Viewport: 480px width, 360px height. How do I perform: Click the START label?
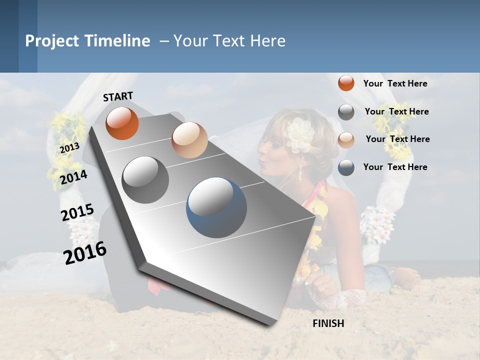[118, 96]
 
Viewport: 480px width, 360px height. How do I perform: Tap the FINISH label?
[328, 323]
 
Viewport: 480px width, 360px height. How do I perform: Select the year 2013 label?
[69, 148]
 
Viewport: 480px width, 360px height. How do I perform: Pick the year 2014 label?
[74, 177]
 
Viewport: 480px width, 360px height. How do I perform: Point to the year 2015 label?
[77, 212]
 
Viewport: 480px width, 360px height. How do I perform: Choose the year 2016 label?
[85, 252]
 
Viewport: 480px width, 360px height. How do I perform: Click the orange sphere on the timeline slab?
[122, 123]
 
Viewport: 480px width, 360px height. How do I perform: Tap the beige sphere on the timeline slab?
[189, 140]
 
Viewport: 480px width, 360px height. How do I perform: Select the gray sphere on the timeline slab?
[145, 179]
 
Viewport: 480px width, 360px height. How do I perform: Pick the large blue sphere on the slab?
[216, 208]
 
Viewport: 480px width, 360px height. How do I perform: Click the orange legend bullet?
[346, 83]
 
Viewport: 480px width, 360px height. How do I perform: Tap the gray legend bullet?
[346, 111]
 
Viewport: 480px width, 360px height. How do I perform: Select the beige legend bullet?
[346, 139]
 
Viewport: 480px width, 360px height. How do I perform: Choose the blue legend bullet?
[346, 167]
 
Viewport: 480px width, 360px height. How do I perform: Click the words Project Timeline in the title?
[87, 41]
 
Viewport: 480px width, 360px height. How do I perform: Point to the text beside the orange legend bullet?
[395, 83]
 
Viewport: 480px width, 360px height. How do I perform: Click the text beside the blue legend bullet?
[395, 167]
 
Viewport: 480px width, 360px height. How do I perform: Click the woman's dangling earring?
[300, 172]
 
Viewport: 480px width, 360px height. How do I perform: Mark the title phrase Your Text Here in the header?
[229, 41]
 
